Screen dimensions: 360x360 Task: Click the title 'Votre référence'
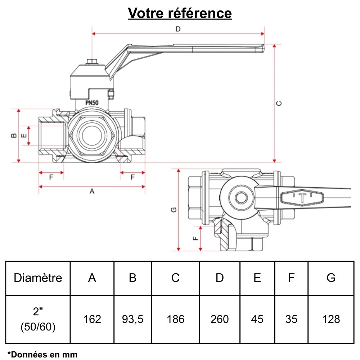tap(180, 14)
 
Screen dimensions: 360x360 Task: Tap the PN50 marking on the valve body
tap(92, 102)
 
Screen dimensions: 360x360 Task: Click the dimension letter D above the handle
tap(178, 29)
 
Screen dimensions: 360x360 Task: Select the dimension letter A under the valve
tap(92, 192)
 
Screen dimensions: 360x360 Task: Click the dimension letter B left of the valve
tap(13, 135)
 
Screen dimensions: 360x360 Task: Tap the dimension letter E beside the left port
tap(24, 136)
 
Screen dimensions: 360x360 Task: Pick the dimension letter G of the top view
tap(174, 210)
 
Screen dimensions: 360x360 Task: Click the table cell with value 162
tap(92, 319)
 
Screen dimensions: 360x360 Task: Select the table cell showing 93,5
tap(132, 319)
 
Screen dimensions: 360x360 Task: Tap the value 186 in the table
tap(175, 319)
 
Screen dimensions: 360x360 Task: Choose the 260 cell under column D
tap(220, 319)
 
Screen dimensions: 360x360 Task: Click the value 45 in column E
tap(257, 319)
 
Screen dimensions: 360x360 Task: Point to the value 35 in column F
tap(291, 319)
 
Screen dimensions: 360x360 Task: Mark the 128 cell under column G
tap(331, 319)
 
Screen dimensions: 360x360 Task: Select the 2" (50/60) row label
tap(38, 319)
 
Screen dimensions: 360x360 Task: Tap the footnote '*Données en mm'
tap(42, 354)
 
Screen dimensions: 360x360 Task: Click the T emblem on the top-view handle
tap(303, 198)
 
